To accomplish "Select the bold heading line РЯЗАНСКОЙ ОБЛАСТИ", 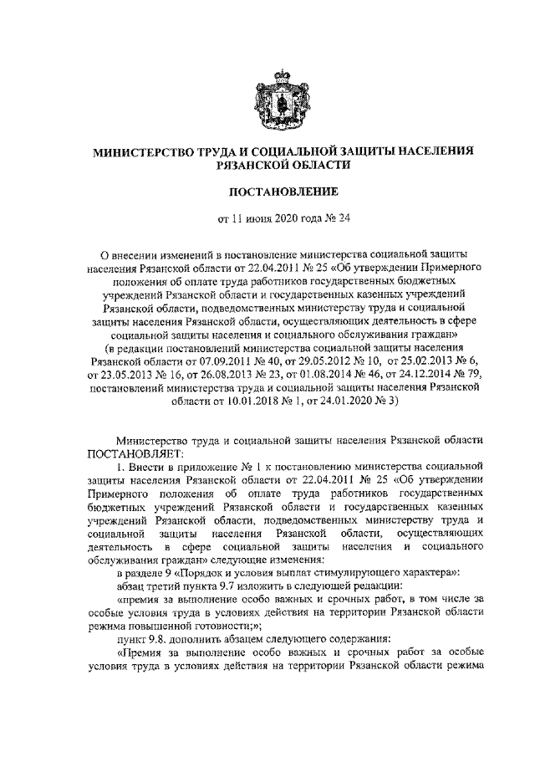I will pyautogui.click(x=267, y=167).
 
